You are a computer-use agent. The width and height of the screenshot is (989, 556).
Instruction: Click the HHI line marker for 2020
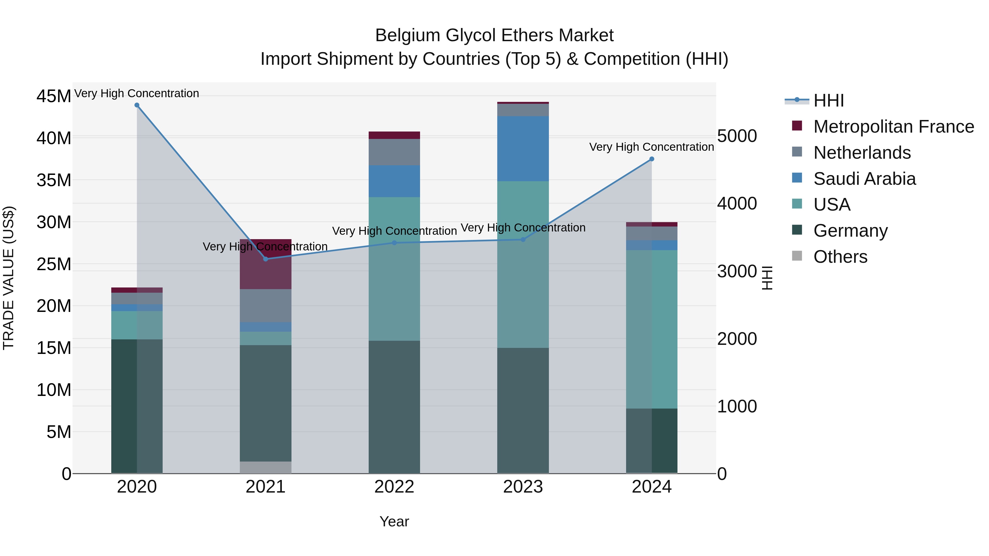137,105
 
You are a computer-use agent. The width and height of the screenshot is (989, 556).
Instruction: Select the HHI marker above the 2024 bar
652,159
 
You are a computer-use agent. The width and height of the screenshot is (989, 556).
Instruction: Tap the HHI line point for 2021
266,259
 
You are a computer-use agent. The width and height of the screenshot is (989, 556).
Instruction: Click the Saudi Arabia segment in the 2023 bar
523,149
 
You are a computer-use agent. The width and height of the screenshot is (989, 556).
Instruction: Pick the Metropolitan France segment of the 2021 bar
266,264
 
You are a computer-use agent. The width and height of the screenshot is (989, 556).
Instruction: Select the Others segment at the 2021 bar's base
266,467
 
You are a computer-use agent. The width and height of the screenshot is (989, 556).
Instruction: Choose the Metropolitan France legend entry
893,127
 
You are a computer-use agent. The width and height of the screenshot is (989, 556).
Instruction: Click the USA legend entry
832,205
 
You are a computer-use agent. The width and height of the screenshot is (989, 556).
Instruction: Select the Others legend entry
840,257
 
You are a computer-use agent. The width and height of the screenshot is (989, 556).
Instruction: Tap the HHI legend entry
829,100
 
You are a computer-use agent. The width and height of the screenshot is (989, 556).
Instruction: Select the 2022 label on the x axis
394,487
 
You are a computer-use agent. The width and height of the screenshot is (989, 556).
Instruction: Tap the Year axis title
394,521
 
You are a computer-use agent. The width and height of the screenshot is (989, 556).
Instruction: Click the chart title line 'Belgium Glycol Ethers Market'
494,35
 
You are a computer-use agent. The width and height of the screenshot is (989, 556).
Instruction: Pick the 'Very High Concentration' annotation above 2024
652,147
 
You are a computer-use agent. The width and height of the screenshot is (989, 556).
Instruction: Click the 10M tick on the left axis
54,390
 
